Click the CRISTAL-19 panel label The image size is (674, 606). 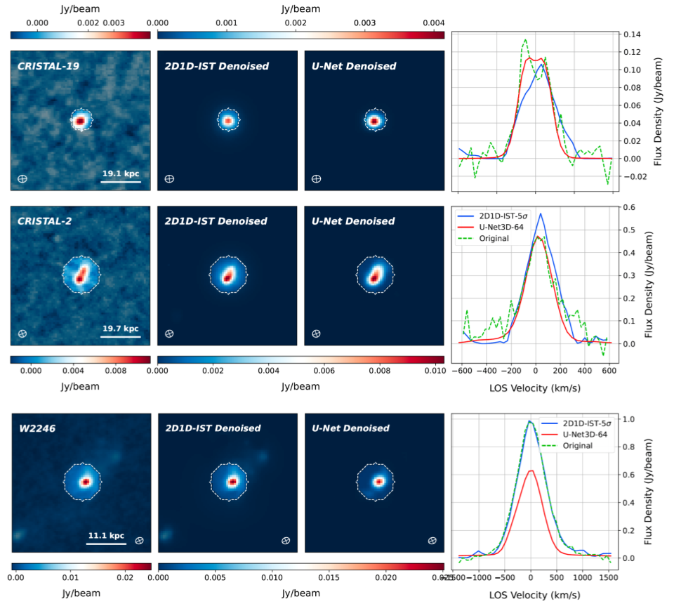pyautogui.click(x=48, y=67)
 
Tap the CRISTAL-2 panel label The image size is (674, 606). pyautogui.click(x=45, y=221)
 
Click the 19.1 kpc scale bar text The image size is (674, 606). pyautogui.click(x=120, y=173)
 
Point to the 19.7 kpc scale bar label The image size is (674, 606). pyautogui.click(x=120, y=328)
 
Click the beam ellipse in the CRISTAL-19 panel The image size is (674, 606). pyautogui.click(x=22, y=179)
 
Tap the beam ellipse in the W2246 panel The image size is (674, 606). pyautogui.click(x=139, y=540)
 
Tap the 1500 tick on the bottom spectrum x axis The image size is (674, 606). pyautogui.click(x=609, y=577)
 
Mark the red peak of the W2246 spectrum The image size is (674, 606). pyautogui.click(x=531, y=470)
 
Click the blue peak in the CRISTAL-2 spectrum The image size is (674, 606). pyautogui.click(x=541, y=213)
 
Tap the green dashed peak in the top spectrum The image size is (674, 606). pyautogui.click(x=524, y=39)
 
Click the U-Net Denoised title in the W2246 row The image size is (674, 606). pyautogui.click(x=353, y=428)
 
